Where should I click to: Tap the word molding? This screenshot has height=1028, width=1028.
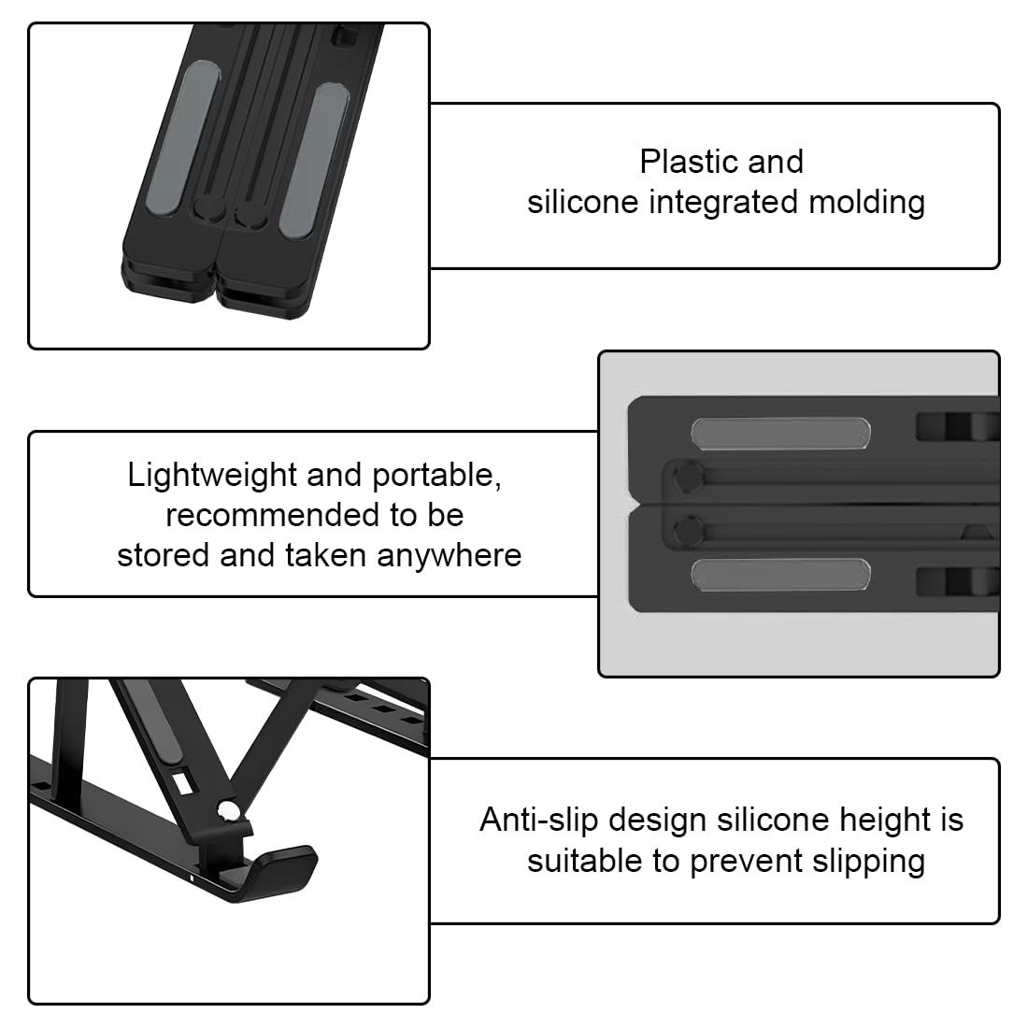pyautogui.click(x=866, y=203)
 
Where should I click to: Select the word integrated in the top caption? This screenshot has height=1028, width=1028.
pyautogui.click(x=723, y=203)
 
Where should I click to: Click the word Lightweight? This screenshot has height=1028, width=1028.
pyautogui.click(x=212, y=476)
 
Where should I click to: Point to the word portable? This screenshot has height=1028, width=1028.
pyautogui.click(x=436, y=477)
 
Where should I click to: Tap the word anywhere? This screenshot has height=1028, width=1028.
pyautogui.click(x=450, y=557)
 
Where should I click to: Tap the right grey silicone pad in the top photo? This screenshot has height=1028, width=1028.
pyautogui.click(x=314, y=161)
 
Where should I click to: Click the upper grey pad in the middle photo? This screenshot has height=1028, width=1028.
pyautogui.click(x=780, y=434)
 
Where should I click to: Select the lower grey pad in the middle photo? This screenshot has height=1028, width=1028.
pyautogui.click(x=780, y=575)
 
